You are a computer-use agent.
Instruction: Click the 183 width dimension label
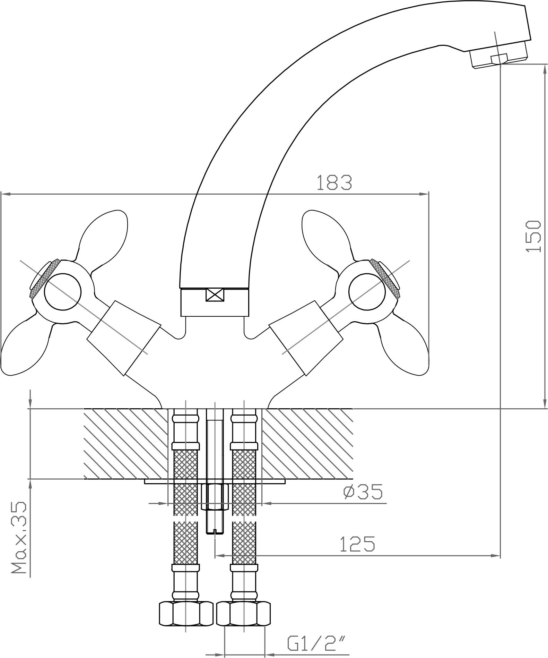(x=334, y=183)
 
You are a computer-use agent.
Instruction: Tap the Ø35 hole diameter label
(x=363, y=492)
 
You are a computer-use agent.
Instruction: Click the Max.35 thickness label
(x=19, y=537)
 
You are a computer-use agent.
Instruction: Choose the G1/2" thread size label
(x=312, y=644)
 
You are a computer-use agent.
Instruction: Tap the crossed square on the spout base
(x=215, y=296)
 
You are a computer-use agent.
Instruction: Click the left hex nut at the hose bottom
(x=186, y=614)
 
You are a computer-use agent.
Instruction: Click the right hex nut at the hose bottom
(x=243, y=614)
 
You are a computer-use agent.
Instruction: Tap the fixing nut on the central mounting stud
(x=215, y=497)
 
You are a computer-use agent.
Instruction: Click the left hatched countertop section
(x=125, y=443)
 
